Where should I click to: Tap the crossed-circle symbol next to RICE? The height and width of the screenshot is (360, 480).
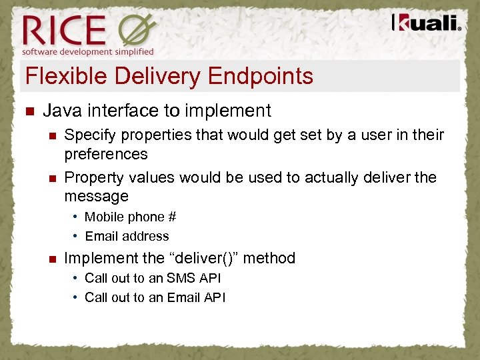[x=137, y=29]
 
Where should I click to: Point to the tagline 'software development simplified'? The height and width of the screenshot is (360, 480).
[x=87, y=51]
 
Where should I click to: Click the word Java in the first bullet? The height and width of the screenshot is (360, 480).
[x=62, y=111]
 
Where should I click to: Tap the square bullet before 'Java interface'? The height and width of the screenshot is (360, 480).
[x=27, y=111]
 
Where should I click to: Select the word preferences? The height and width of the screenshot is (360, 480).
[x=105, y=154]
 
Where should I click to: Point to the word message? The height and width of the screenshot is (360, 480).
[x=96, y=196]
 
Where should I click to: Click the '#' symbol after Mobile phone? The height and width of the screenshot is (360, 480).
[x=171, y=217]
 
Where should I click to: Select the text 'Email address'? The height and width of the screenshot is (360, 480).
[x=127, y=236]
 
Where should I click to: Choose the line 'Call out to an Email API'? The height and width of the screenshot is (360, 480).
[x=155, y=297]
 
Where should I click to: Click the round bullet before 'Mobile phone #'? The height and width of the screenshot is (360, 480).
[x=77, y=217]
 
